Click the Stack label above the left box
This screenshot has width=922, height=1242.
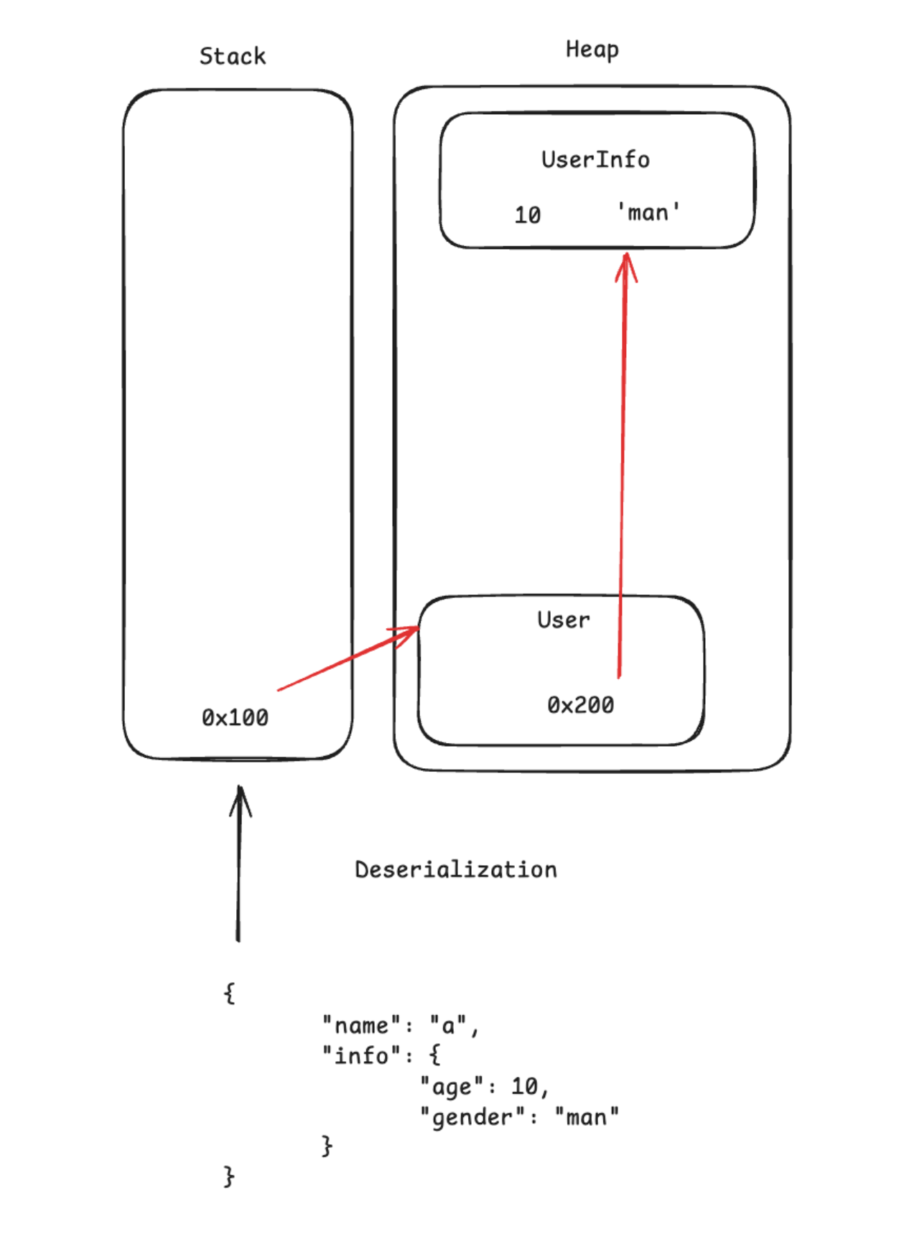(x=232, y=56)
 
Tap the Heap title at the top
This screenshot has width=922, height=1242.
(x=592, y=50)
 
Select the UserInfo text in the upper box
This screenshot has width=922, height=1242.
(x=595, y=159)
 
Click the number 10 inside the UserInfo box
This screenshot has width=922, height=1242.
(x=528, y=215)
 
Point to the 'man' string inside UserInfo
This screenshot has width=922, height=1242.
(x=648, y=213)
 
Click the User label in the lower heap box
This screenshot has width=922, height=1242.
(x=564, y=620)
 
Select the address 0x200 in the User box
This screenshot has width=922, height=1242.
(x=580, y=705)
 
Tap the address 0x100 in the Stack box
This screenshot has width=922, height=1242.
(x=235, y=717)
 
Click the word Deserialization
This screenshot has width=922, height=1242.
(x=456, y=869)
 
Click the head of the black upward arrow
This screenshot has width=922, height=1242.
(x=241, y=797)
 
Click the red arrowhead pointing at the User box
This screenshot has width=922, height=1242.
(x=409, y=634)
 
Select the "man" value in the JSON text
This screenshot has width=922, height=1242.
(x=587, y=1117)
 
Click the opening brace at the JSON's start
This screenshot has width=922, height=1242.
(x=229, y=994)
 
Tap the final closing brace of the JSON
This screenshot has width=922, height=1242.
(x=229, y=1176)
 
